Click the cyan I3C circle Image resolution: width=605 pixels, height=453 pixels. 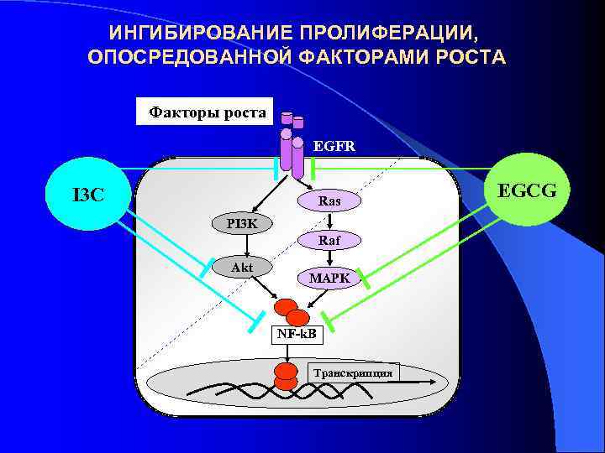click(87, 195)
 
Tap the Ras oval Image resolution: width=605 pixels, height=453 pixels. click(329, 201)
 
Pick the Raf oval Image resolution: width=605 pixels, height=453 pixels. click(329, 240)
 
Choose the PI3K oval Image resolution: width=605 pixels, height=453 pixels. click(242, 223)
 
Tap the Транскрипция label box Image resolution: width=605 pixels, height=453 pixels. click(352, 372)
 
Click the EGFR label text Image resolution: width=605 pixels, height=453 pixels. click(334, 145)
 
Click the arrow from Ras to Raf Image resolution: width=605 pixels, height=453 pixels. click(331, 221)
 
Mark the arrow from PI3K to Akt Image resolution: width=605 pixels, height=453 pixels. click(245, 245)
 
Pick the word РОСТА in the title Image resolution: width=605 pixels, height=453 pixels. click(473, 58)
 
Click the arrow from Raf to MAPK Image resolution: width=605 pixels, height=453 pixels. click(331, 258)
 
